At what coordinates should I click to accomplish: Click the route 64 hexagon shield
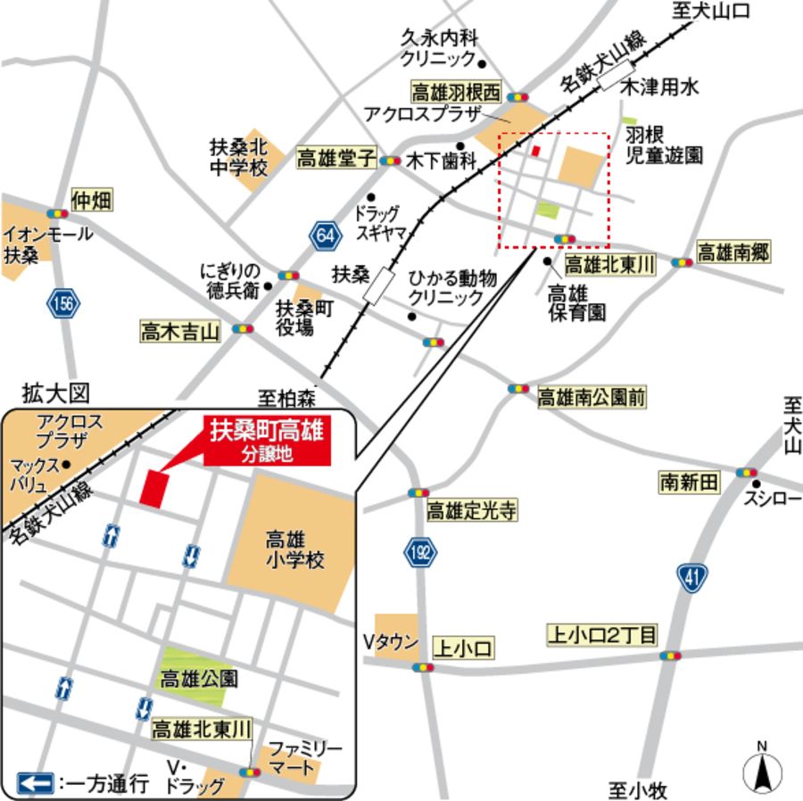click(x=327, y=236)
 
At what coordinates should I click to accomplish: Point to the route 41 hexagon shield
click(x=691, y=579)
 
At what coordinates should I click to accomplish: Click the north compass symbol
click(x=762, y=768)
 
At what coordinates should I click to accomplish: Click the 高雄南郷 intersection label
click(x=733, y=252)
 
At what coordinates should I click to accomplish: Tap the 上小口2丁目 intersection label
click(x=602, y=636)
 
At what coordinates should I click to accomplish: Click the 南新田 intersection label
click(x=688, y=483)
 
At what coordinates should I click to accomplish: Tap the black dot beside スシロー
click(x=757, y=484)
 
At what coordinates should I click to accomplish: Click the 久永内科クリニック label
click(x=439, y=48)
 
